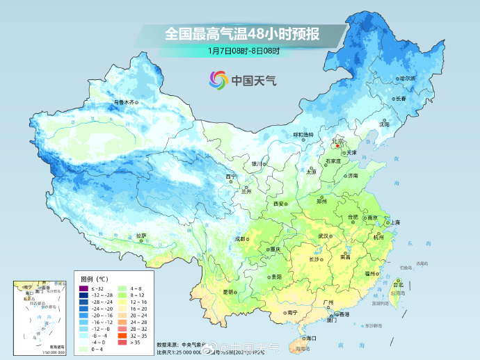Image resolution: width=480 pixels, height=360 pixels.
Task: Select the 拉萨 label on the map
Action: (141, 236)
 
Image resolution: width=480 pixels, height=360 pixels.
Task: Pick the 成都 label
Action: (241, 238)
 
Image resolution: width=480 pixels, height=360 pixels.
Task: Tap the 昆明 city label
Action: (227, 292)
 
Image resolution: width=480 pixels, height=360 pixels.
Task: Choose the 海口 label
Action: (310, 338)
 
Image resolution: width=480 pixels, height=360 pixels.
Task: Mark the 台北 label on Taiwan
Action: (398, 285)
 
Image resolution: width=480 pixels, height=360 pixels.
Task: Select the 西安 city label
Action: (279, 204)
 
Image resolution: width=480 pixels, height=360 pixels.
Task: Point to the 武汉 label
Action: (323, 236)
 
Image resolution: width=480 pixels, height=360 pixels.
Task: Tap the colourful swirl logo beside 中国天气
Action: (218, 80)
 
